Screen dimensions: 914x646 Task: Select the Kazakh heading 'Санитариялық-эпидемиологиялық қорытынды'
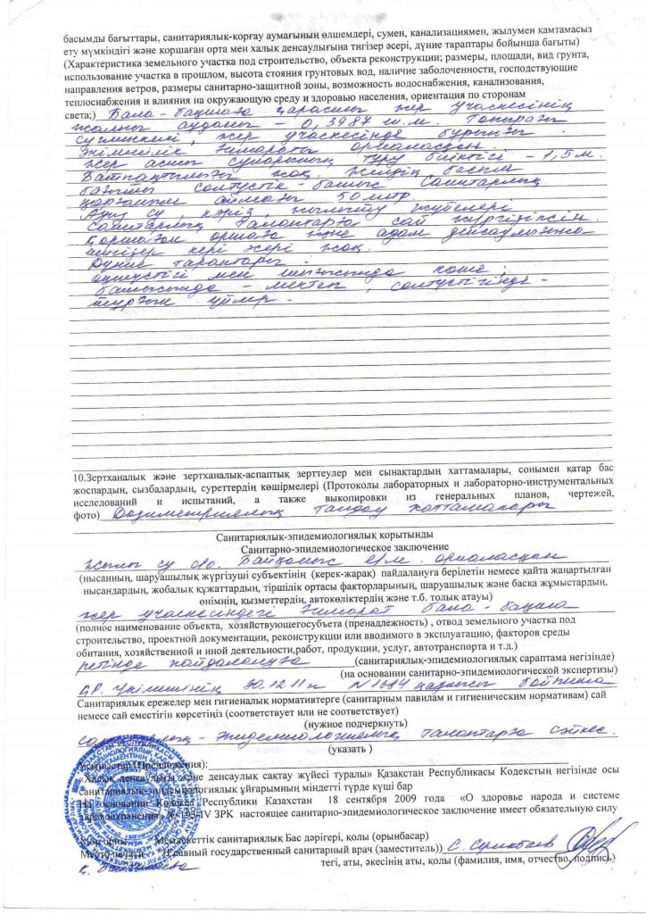click(322, 536)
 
